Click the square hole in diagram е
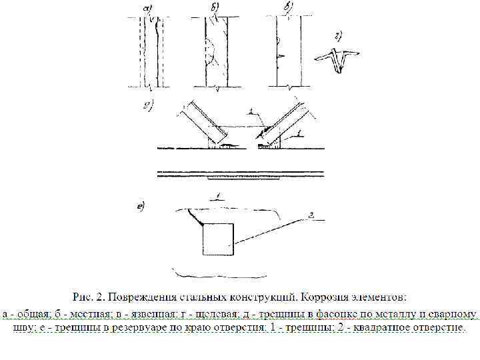tap(217, 239)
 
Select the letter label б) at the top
tap(215, 9)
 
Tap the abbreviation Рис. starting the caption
tap(83, 296)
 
